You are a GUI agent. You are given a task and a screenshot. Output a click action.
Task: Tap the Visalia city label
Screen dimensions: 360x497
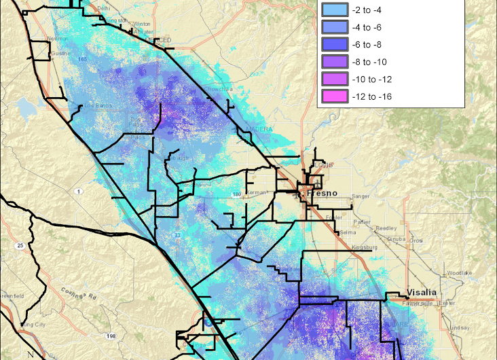(x=422, y=292)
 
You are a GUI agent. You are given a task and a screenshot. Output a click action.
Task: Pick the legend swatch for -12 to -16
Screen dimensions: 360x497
(x=335, y=96)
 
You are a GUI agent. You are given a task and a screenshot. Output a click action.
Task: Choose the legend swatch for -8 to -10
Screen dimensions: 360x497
(x=335, y=62)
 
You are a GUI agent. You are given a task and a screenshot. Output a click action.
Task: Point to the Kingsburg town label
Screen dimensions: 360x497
(x=365, y=247)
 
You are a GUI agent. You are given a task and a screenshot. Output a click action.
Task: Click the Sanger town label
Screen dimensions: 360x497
(x=361, y=197)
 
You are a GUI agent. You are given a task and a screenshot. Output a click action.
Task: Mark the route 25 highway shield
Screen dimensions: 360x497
(x=21, y=245)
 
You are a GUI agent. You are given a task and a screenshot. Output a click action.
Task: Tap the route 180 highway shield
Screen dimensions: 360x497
(x=236, y=195)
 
